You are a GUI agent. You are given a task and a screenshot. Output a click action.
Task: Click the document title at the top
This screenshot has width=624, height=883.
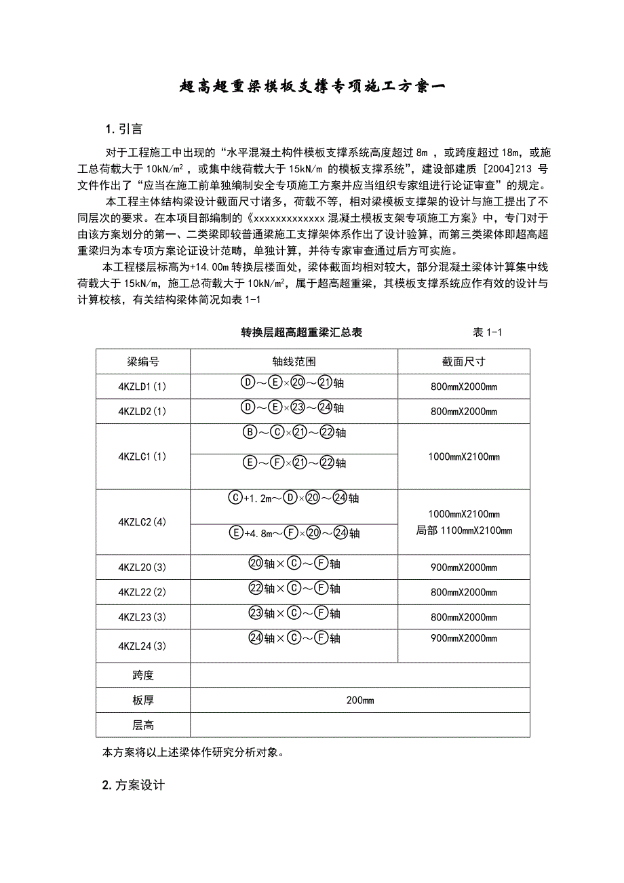point(312,86)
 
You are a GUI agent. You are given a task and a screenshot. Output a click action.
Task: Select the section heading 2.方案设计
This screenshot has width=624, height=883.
point(133,785)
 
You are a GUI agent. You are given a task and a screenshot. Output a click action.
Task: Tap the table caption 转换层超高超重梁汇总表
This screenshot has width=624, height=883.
point(302,332)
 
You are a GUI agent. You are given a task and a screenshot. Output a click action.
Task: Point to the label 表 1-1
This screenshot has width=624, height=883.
point(487,332)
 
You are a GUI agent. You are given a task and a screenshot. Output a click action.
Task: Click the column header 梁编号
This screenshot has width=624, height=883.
point(142,361)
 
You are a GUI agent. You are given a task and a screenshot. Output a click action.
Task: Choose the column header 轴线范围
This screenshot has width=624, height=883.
point(294,361)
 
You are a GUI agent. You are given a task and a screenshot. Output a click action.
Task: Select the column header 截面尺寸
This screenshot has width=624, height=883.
point(463,361)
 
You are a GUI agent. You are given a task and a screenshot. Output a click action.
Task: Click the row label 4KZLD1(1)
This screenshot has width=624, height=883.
point(142,387)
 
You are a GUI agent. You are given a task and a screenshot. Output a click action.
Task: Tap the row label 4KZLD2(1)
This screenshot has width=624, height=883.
point(142,411)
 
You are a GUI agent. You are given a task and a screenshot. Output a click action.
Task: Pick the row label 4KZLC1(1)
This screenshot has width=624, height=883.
point(142,456)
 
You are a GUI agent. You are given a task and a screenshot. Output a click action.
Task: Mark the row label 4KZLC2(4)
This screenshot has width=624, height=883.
point(142,522)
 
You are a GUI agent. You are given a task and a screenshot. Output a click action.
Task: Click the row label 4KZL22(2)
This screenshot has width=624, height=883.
point(142,592)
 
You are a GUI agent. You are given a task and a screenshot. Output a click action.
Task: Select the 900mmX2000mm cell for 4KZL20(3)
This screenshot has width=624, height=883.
point(463,568)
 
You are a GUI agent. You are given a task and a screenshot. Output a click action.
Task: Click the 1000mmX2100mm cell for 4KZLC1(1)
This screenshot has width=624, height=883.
point(463,456)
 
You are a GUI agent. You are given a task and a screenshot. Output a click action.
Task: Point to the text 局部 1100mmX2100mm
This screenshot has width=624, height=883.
point(464,530)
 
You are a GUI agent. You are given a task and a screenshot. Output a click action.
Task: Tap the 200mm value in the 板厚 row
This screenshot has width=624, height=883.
point(359,701)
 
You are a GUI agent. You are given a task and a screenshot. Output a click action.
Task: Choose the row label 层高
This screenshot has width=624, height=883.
point(142,725)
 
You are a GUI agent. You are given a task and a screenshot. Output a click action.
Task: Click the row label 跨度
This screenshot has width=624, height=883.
point(142,675)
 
